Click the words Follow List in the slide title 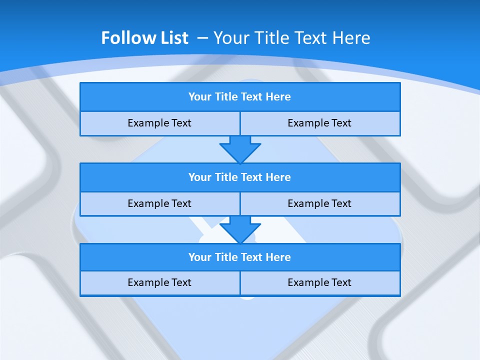tap(144, 38)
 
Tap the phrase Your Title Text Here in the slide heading tap(292, 38)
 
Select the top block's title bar tap(239, 97)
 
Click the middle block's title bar tap(239, 177)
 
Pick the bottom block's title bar tap(239, 257)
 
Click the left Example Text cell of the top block tap(159, 123)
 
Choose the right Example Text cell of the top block tap(319, 123)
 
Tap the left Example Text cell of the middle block tap(159, 203)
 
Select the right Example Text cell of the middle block tap(319, 203)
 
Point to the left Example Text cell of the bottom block tap(159, 282)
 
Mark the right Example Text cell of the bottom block tap(319, 282)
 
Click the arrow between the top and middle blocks tap(240, 149)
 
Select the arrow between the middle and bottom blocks tap(240, 229)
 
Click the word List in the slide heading tap(174, 38)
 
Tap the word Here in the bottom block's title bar tap(278, 257)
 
